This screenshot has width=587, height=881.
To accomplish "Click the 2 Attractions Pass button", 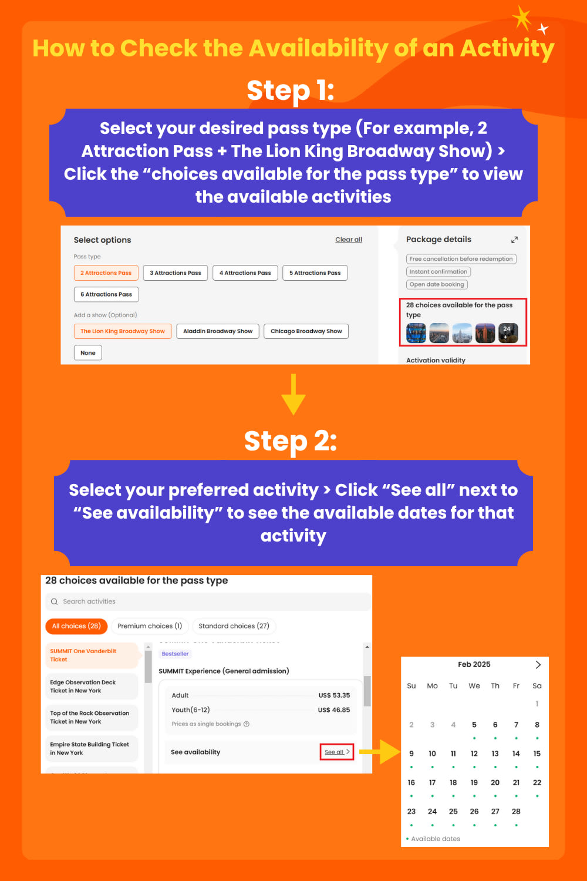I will (x=106, y=273).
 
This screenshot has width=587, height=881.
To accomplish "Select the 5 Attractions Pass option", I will (x=315, y=273).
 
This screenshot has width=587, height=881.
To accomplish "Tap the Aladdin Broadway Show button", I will (x=218, y=331).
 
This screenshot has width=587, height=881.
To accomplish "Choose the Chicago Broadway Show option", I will (x=306, y=331).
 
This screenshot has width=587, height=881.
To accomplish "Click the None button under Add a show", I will (x=88, y=353).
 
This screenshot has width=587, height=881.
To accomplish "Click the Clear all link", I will (x=349, y=240).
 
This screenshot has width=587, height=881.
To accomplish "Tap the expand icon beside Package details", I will (x=514, y=240).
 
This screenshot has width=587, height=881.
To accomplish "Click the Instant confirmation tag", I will (x=438, y=272).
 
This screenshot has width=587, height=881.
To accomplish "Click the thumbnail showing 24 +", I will (x=508, y=333).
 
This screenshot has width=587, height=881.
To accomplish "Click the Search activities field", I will (x=208, y=601).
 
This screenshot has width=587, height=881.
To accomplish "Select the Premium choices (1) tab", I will (x=150, y=626).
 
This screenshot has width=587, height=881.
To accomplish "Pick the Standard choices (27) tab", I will (x=234, y=626).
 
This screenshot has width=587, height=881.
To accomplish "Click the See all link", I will (x=336, y=752).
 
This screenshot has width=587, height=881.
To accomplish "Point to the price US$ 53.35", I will (x=334, y=695).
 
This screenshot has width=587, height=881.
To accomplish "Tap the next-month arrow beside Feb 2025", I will (x=538, y=665).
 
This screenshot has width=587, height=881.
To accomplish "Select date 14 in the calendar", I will (x=516, y=754).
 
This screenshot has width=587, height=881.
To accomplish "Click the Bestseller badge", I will (x=175, y=654).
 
